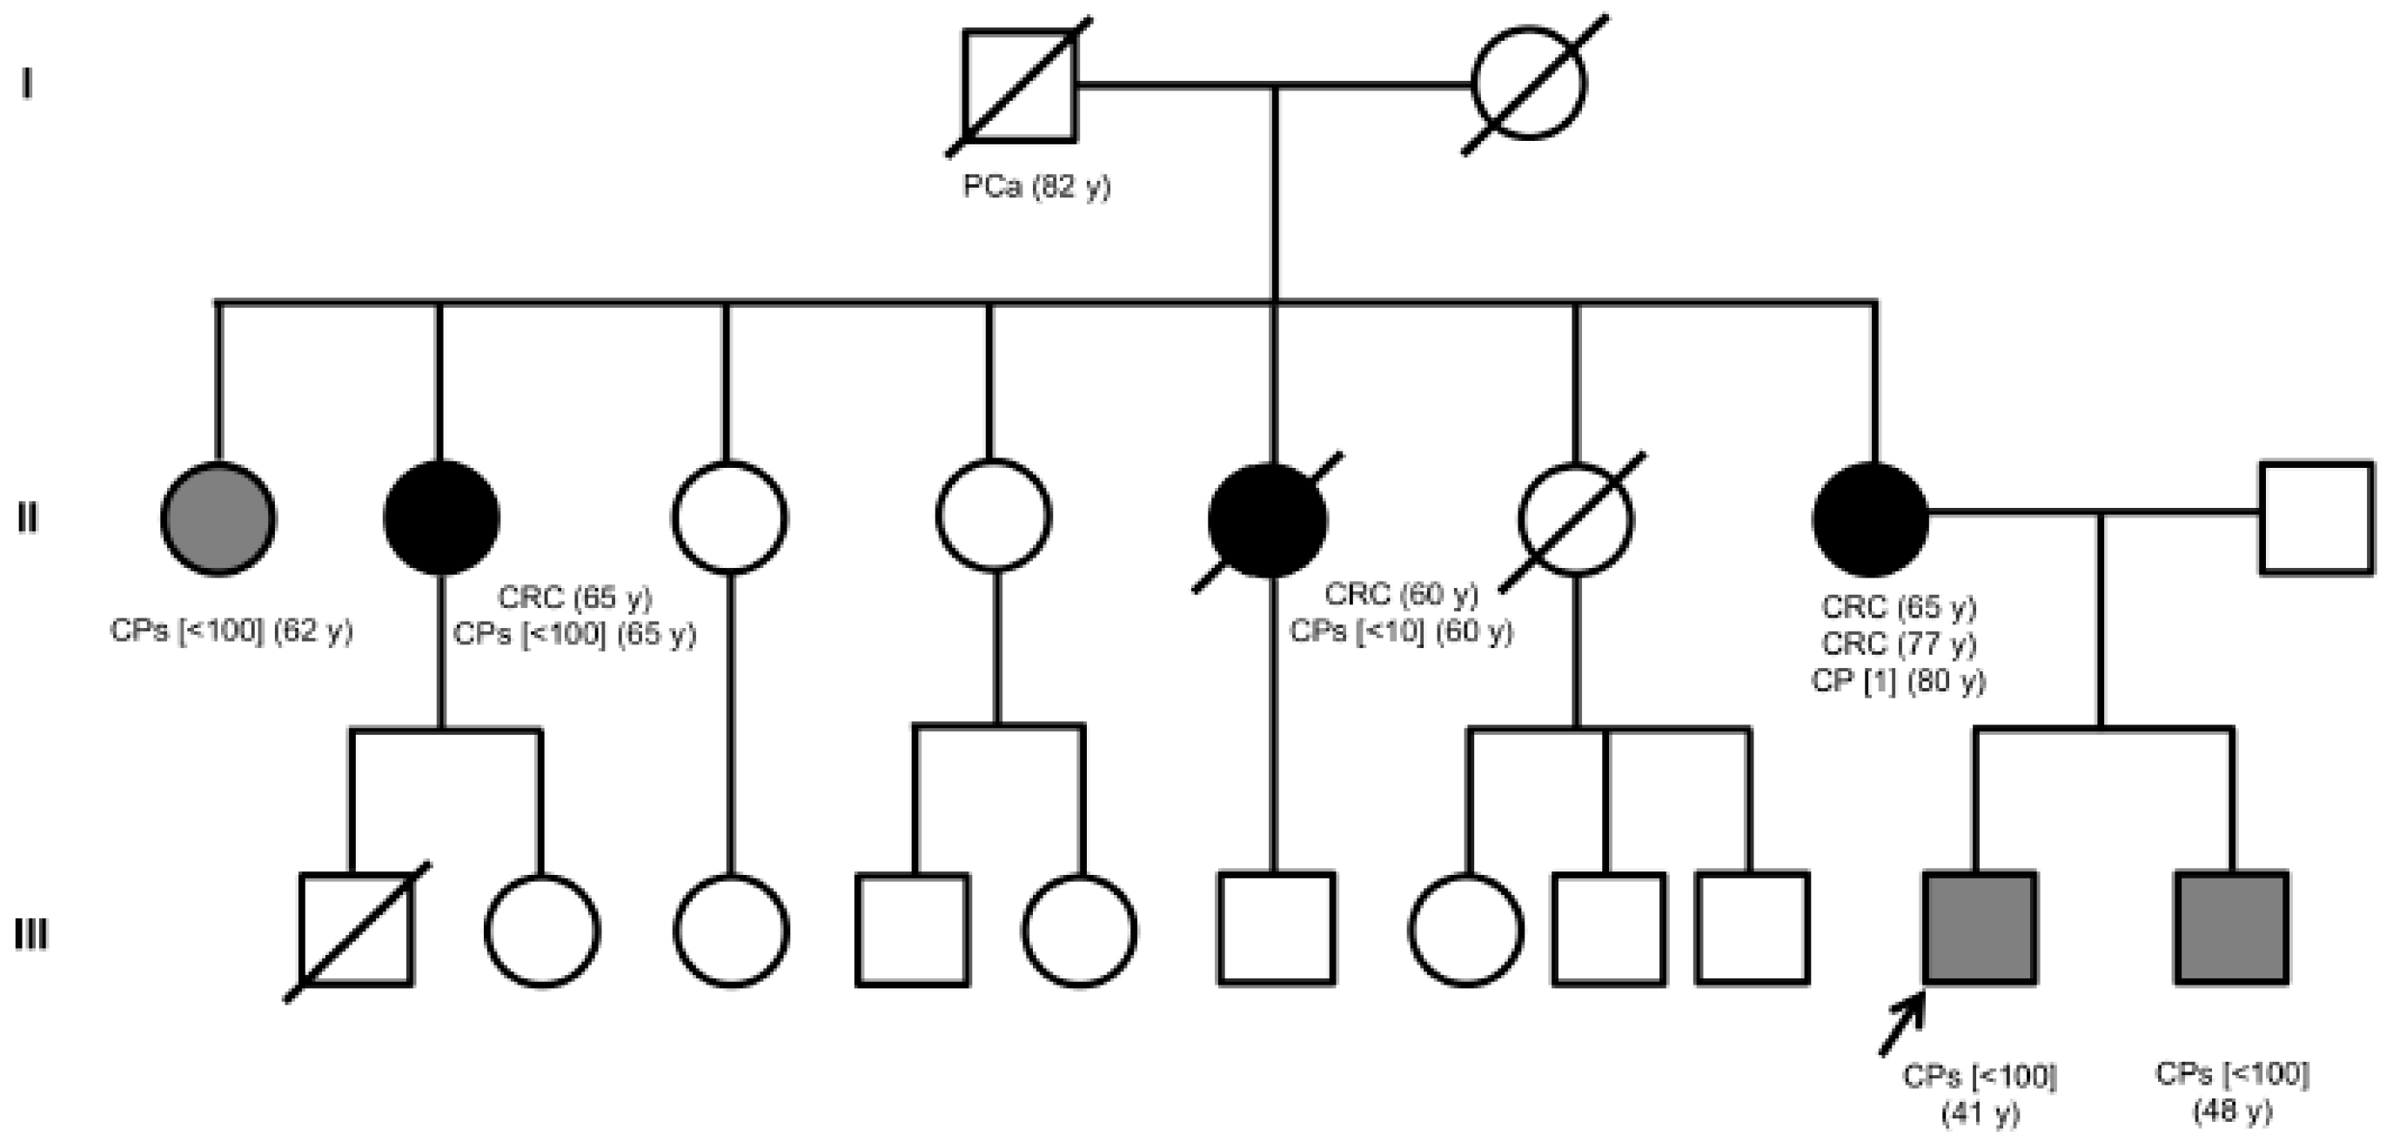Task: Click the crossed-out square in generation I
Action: pyautogui.click(x=1019, y=85)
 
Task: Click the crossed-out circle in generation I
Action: pyautogui.click(x=1529, y=83)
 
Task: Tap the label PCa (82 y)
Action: pyautogui.click(x=1036, y=187)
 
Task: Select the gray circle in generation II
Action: pyautogui.click(x=218, y=518)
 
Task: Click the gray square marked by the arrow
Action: pyautogui.click(x=1980, y=928)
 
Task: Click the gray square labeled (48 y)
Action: pyautogui.click(x=2231, y=928)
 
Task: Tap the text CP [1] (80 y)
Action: pyautogui.click(x=1898, y=681)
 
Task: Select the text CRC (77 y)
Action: pyautogui.click(x=1898, y=644)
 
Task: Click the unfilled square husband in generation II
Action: pyautogui.click(x=2316, y=518)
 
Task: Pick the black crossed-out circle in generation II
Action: pyautogui.click(x=1268, y=520)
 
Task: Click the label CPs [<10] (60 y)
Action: pyautogui.click(x=1401, y=631)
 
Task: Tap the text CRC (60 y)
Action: pyautogui.click(x=1401, y=593)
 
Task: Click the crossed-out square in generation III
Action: pyautogui.click(x=357, y=930)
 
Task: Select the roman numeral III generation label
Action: pyautogui.click(x=30, y=934)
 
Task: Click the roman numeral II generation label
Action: pyautogui.click(x=28, y=518)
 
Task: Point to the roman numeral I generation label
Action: pyautogui.click(x=27, y=84)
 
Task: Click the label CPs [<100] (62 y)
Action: pyautogui.click(x=231, y=631)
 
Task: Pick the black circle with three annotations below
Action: pyautogui.click(x=1871, y=518)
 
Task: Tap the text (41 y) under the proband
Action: pyautogui.click(x=1980, y=1112)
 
